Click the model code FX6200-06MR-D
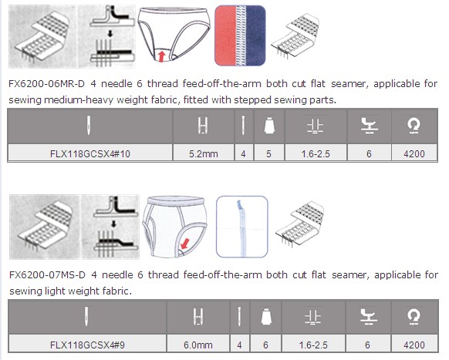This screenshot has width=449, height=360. tap(47, 84)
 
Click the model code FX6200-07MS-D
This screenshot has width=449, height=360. tap(47, 275)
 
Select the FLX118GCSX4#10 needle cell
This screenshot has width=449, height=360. tap(90, 153)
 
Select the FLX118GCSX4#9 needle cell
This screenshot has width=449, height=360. tap(87, 345)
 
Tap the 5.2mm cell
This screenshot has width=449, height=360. tap(204, 153)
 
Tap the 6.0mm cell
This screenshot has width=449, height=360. tap(197, 345)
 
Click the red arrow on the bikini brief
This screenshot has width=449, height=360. tap(162, 56)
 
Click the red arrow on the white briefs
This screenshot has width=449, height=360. tap(185, 244)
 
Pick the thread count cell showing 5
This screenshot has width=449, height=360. tap(268, 153)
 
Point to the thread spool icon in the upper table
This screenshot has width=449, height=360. tap(269, 126)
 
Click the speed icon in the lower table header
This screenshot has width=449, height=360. tap(414, 317)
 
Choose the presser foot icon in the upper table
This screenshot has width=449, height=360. tap(369, 126)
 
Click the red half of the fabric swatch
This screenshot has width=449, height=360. tap(225, 35)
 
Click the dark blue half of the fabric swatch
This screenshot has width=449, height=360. tap(255, 35)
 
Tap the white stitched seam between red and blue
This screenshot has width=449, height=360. tap(241, 35)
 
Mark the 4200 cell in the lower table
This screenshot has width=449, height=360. tap(414, 345)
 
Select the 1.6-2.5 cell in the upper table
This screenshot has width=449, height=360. tap(316, 153)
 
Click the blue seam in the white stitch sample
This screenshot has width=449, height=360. tap(241, 228)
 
